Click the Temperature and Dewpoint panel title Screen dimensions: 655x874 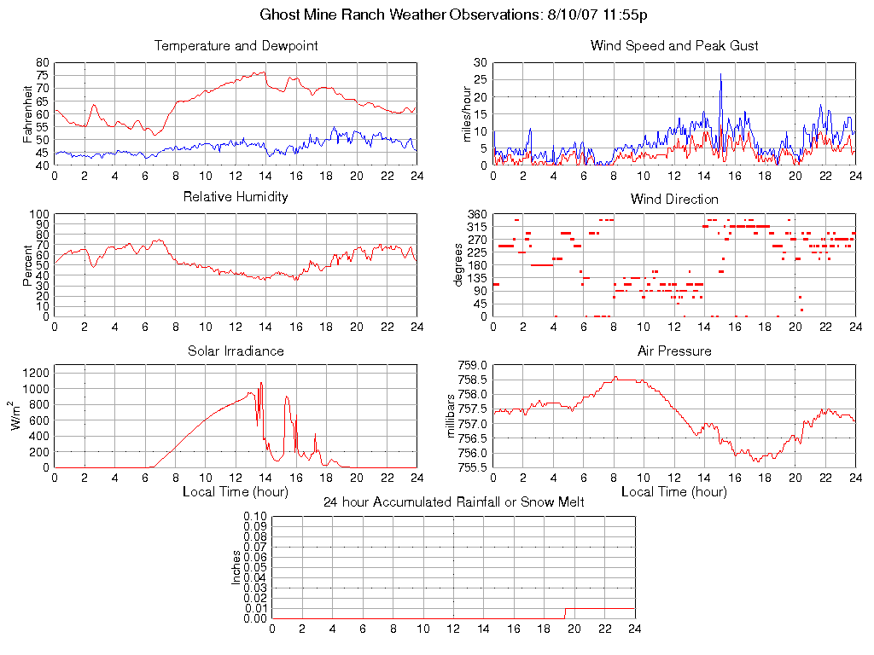236,46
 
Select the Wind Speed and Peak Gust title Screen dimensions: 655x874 674,46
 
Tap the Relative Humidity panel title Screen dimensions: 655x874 236,197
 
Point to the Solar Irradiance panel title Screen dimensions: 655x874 236,351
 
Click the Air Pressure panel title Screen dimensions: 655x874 674,351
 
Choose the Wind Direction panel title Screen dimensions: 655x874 674,199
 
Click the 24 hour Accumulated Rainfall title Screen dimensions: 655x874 454,502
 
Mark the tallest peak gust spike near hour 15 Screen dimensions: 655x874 720,74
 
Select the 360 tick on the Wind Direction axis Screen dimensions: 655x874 476,214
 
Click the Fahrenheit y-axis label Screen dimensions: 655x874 28,114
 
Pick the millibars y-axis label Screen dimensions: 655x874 453,416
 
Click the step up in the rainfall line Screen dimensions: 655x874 565,609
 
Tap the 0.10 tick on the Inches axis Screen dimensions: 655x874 255,516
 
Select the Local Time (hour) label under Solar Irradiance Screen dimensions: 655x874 236,491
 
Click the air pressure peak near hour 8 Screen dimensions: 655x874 615,378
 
